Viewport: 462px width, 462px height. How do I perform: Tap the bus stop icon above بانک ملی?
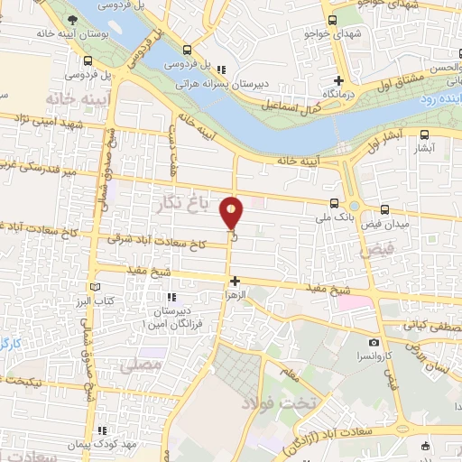tap(336, 203)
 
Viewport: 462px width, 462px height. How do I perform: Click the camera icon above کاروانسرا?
tap(373, 343)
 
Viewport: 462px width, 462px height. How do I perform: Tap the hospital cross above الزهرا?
tap(235, 282)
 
